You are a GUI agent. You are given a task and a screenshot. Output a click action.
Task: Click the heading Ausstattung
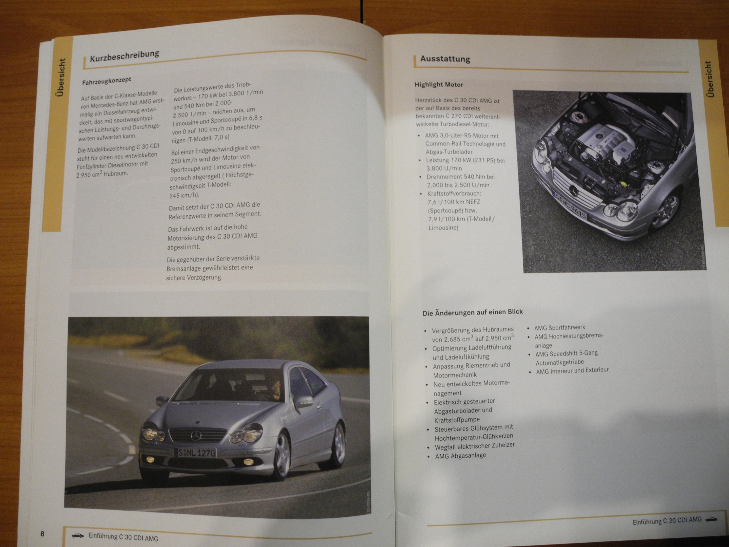click(445, 59)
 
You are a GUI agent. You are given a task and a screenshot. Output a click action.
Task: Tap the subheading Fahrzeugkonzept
click(107, 81)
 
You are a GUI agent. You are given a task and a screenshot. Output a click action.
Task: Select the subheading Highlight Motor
click(439, 84)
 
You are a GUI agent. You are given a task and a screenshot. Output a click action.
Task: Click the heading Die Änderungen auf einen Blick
click(473, 312)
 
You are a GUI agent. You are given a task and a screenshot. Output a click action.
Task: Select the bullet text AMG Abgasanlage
click(460, 456)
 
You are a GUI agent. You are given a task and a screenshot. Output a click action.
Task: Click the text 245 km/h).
click(184, 195)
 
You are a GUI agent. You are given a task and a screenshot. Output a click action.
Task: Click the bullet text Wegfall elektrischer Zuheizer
click(475, 446)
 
